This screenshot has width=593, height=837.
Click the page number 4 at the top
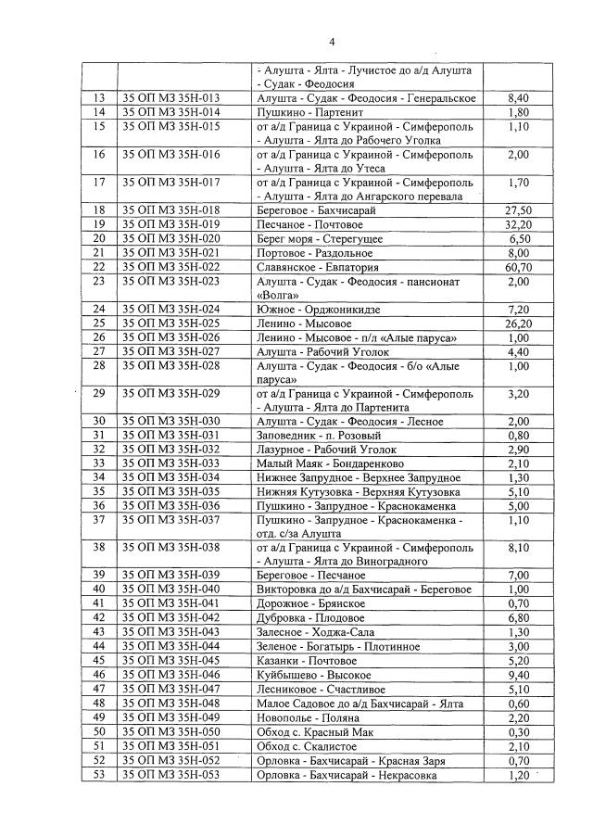(331, 42)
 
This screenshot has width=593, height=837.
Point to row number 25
(98, 323)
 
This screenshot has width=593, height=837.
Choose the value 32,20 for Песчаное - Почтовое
(519, 225)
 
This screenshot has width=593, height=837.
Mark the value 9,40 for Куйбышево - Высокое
(519, 677)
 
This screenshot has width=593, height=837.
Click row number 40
(98, 589)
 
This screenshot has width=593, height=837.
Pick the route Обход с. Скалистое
(309, 747)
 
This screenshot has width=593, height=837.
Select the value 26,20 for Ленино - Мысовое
(519, 323)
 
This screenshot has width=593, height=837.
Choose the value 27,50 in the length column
(519, 211)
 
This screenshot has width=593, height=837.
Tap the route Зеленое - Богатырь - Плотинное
(334, 646)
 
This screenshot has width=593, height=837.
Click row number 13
(98, 98)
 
